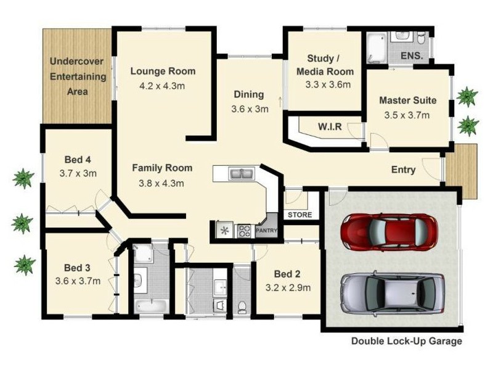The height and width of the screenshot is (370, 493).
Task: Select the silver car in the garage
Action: [x=393, y=292]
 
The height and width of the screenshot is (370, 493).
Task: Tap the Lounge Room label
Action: [x=163, y=71]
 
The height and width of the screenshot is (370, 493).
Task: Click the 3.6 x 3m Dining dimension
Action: [x=250, y=109]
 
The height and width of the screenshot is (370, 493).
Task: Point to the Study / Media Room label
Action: [x=325, y=65]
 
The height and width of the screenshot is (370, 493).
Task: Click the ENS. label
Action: [x=412, y=56]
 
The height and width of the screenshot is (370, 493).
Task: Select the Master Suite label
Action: [x=408, y=101]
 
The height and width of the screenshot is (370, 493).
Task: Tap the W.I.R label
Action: [x=330, y=126]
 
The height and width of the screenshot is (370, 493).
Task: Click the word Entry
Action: [x=404, y=170]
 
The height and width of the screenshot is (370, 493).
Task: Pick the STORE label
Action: [x=300, y=215]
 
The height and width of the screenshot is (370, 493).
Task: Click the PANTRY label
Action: [x=267, y=230]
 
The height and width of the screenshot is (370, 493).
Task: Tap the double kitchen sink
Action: [x=241, y=174]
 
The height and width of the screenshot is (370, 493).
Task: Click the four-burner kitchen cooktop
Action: [x=244, y=231]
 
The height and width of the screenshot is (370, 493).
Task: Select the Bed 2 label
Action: [x=287, y=274]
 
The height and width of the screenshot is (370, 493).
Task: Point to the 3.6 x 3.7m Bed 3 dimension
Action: [x=78, y=281]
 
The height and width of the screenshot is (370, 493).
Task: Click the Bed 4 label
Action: [x=78, y=160]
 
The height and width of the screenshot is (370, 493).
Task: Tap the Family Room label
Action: [x=162, y=168]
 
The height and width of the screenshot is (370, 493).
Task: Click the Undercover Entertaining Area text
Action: [x=78, y=76]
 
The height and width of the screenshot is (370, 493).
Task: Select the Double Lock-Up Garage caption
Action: [x=407, y=341]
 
